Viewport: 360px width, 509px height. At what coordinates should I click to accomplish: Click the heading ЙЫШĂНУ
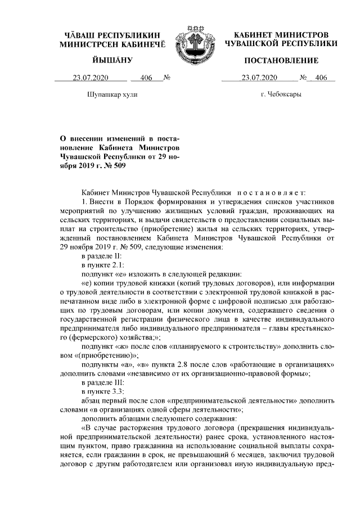pos(113,60)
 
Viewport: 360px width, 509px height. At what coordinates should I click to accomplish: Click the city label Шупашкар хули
pos(113,94)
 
